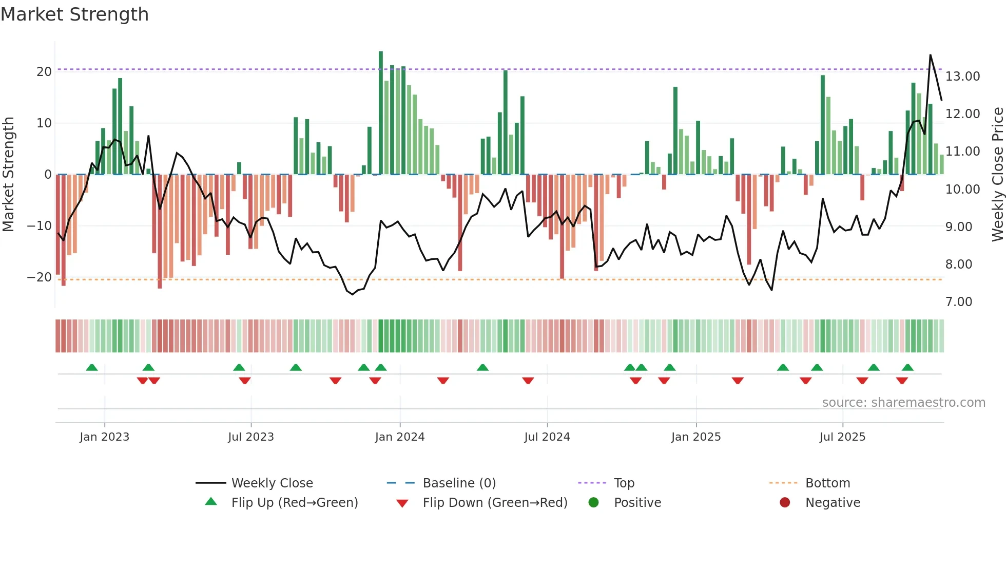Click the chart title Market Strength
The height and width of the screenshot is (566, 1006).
[74, 14]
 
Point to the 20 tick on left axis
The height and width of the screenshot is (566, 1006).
[44, 72]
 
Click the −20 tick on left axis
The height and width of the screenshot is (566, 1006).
[40, 277]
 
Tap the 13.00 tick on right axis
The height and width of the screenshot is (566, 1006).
[962, 77]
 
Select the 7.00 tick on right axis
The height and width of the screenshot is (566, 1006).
[958, 302]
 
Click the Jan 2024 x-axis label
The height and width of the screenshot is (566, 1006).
[400, 437]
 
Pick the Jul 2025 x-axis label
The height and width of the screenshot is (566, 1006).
[842, 437]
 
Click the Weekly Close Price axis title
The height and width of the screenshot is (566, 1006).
[997, 174]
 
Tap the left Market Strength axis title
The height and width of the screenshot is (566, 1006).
[8, 174]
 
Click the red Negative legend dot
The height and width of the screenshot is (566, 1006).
[785, 502]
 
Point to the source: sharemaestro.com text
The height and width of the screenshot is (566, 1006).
[903, 403]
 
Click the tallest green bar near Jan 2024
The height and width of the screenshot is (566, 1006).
[381, 113]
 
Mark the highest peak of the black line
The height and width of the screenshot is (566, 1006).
[930, 55]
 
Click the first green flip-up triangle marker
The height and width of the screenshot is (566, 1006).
[92, 367]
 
